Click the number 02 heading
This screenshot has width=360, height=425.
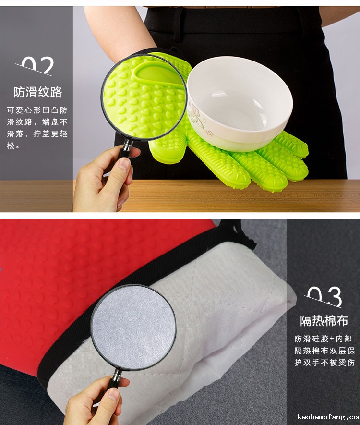pyautogui.click(x=37, y=66)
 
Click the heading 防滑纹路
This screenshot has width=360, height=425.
pyautogui.click(x=38, y=92)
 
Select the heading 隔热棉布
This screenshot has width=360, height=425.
pyautogui.click(x=324, y=321)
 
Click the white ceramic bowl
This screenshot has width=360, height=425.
pyautogui.click(x=240, y=103)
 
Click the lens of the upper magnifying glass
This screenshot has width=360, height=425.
pyautogui.click(x=144, y=97)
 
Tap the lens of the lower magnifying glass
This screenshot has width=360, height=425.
pyautogui.click(x=133, y=327)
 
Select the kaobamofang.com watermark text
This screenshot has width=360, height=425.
pyautogui.click(x=329, y=417)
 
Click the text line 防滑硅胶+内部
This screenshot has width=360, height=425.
pyautogui.click(x=323, y=339)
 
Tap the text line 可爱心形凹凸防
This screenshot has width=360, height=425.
pyautogui.click(x=37, y=110)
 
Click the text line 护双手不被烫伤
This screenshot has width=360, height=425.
pyautogui.click(x=324, y=363)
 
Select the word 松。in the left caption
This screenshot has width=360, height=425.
pyautogui.click(x=13, y=146)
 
